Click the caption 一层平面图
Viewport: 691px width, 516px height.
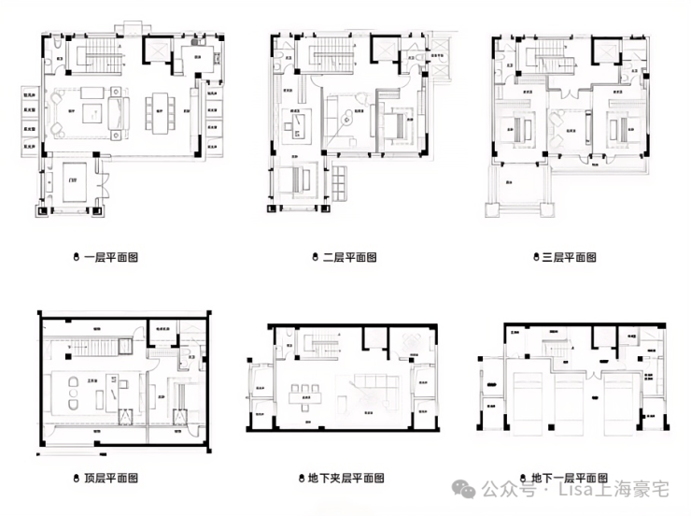(111, 256)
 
